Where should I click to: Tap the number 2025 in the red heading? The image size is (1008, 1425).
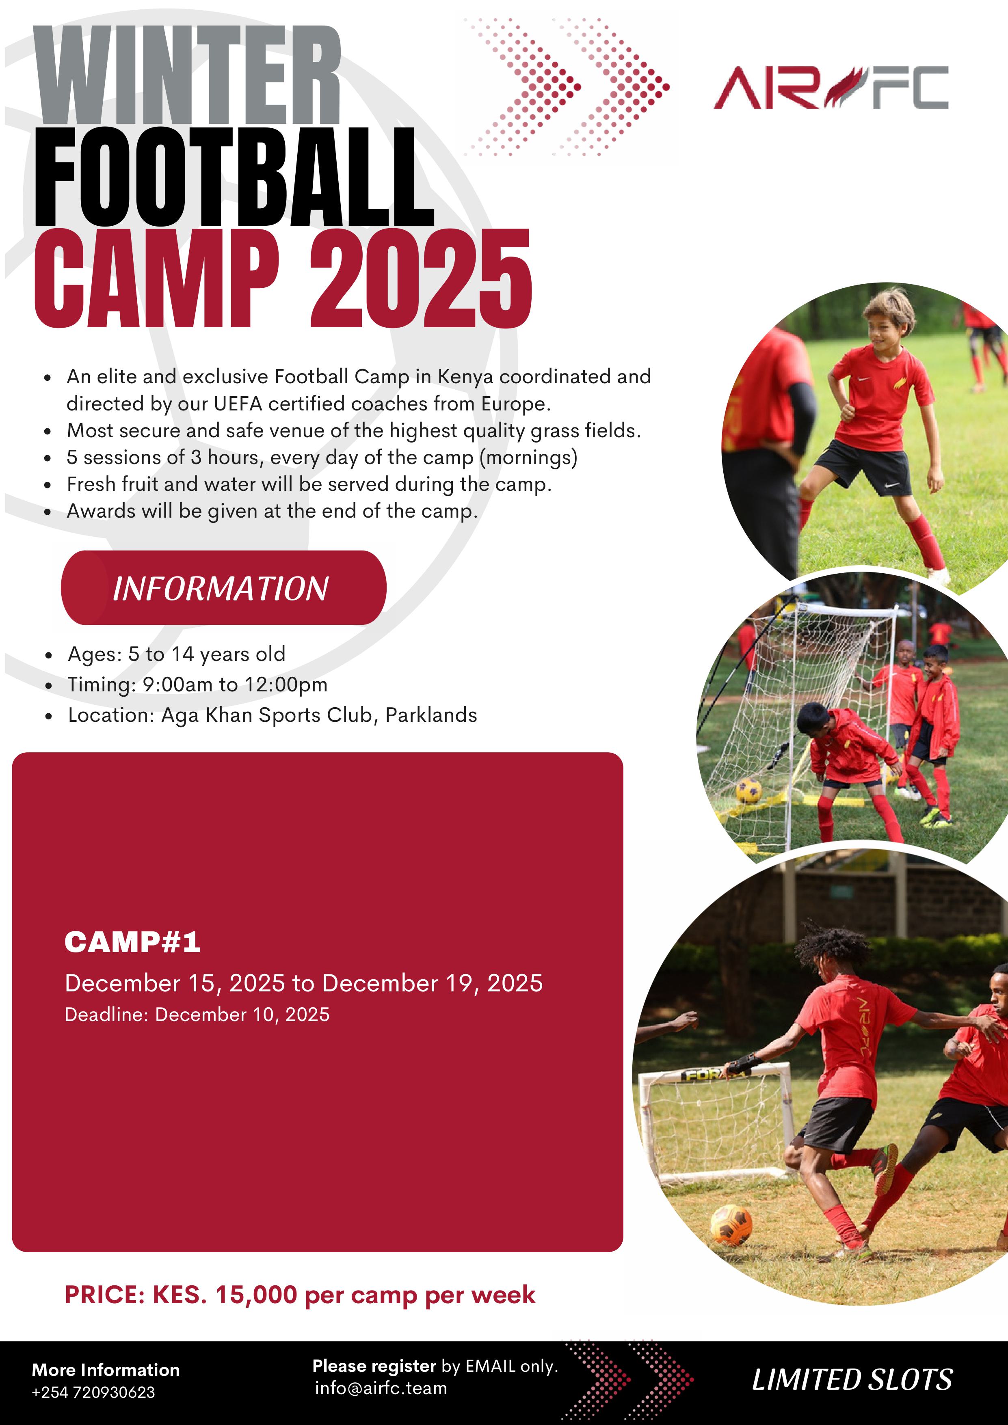click(x=421, y=279)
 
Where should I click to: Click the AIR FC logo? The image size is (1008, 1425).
click(x=831, y=88)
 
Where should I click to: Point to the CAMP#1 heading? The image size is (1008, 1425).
click(x=132, y=942)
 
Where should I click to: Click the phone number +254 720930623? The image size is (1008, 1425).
click(x=93, y=1392)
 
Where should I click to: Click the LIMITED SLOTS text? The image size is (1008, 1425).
click(x=852, y=1380)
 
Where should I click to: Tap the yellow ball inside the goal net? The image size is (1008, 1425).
click(x=749, y=791)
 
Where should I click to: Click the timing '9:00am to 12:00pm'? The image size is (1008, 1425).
click(x=235, y=684)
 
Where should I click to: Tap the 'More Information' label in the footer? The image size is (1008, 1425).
click(x=106, y=1370)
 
